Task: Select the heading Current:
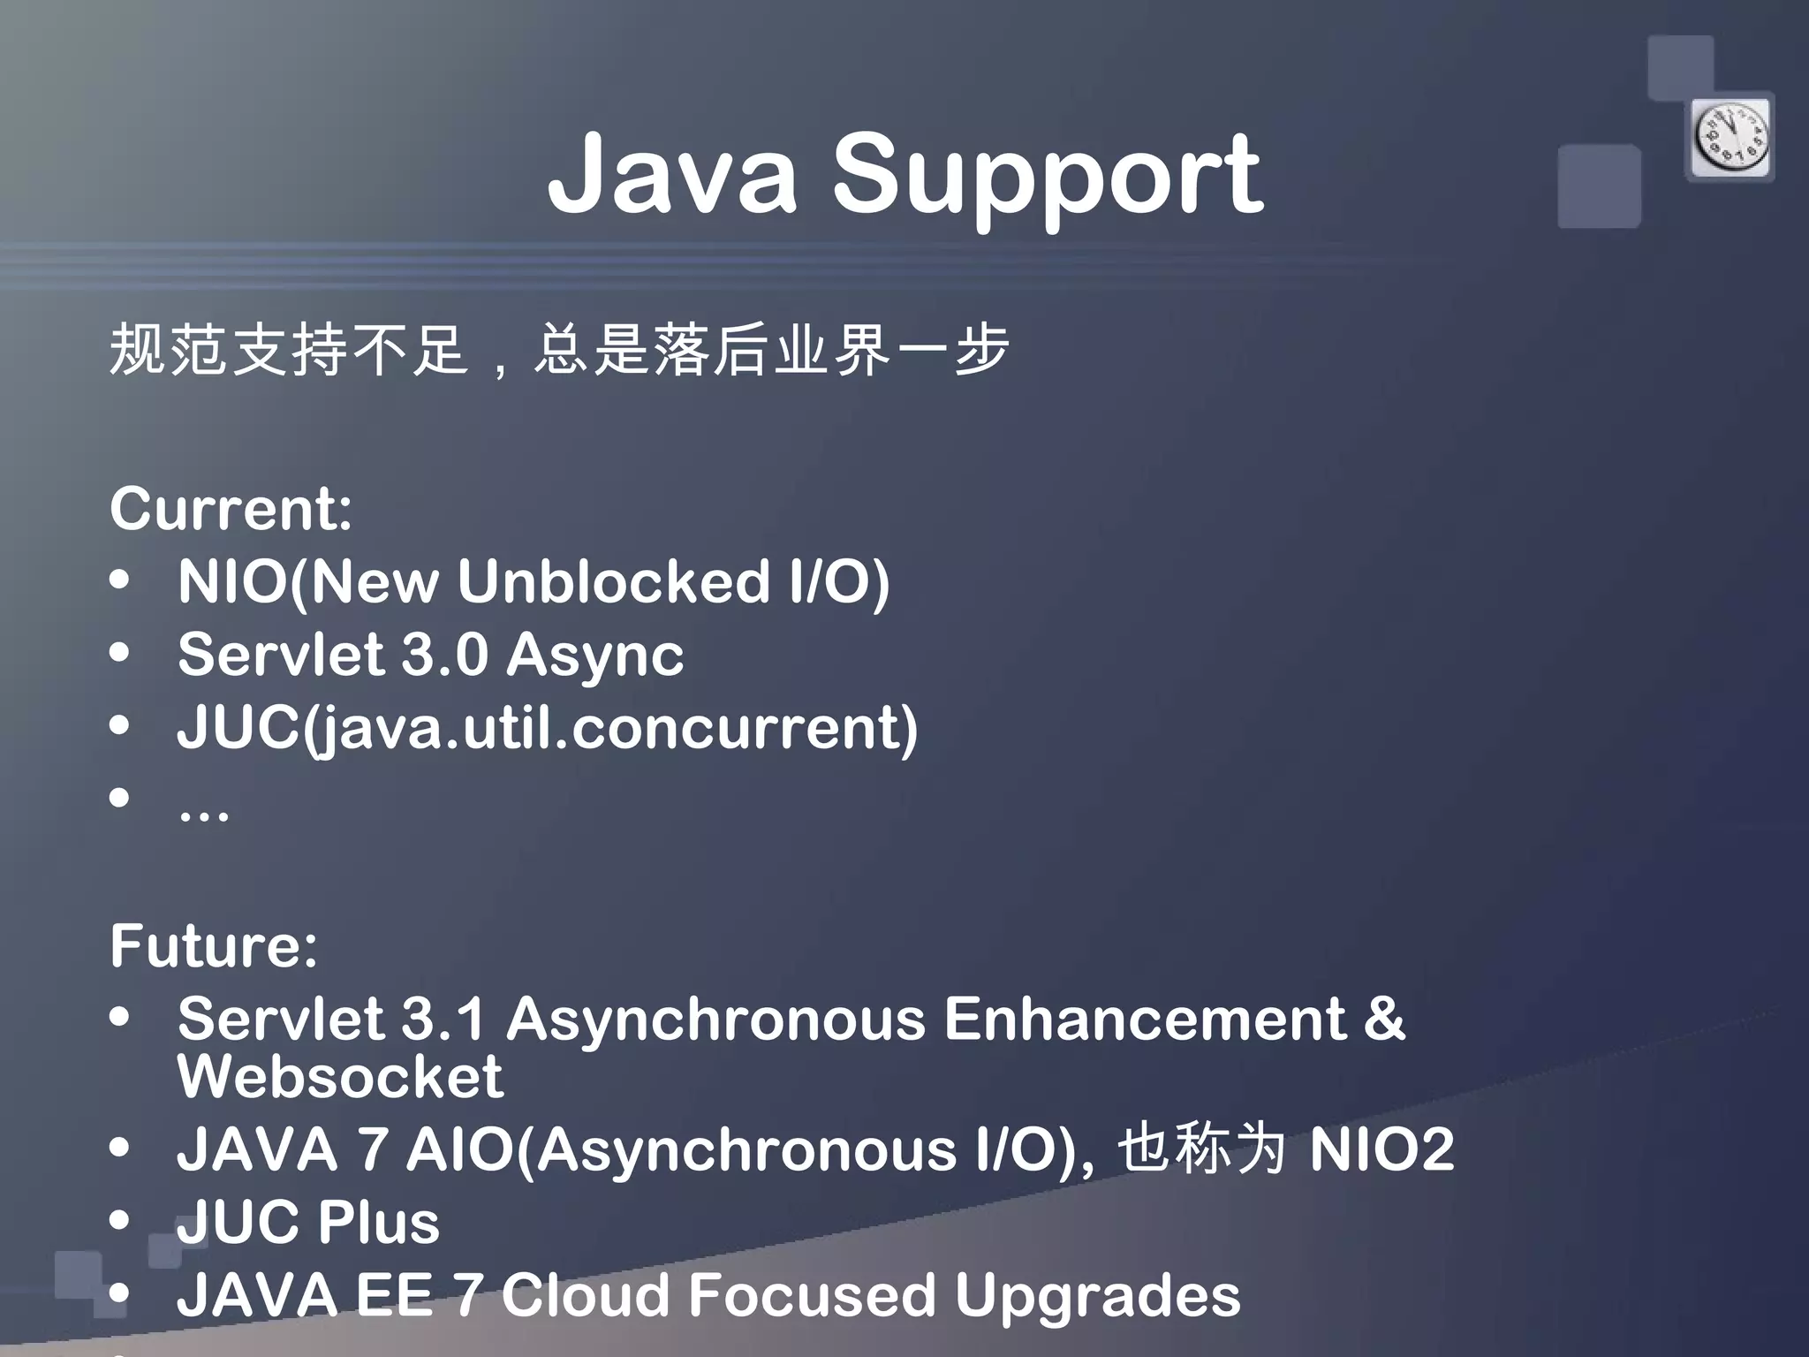tap(231, 509)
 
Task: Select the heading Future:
tap(214, 945)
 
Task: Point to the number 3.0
tap(444, 655)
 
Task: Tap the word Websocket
tap(340, 1077)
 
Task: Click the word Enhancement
tap(1145, 1020)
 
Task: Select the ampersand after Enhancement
tap(1383, 1020)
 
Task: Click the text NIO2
tap(1381, 1149)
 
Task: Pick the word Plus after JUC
tap(378, 1224)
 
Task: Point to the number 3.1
tap(443, 1020)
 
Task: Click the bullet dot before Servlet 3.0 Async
tap(120, 654)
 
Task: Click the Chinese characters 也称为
tap(1201, 1149)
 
